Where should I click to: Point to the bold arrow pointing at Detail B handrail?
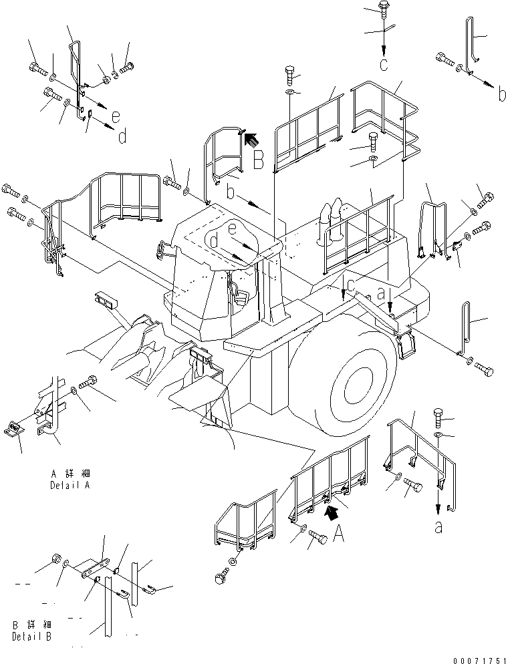point(250,140)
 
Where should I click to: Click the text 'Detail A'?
point(69,486)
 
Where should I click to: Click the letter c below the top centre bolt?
point(383,64)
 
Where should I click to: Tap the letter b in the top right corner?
point(501,95)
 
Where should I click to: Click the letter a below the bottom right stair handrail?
point(438,527)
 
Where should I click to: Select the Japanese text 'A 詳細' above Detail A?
point(64,474)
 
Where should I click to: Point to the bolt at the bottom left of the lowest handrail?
point(221,574)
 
